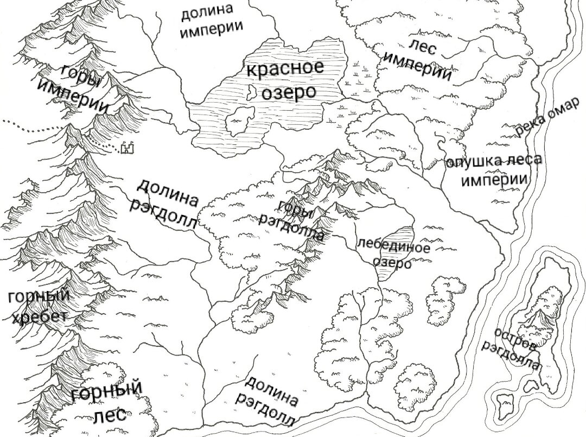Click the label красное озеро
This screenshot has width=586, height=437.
[284, 80]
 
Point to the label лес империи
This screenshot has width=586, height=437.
[417, 60]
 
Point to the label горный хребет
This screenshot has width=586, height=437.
[40, 307]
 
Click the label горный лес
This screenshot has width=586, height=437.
[107, 402]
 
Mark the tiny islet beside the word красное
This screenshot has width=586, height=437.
[251, 93]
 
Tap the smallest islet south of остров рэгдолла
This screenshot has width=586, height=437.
[506, 403]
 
